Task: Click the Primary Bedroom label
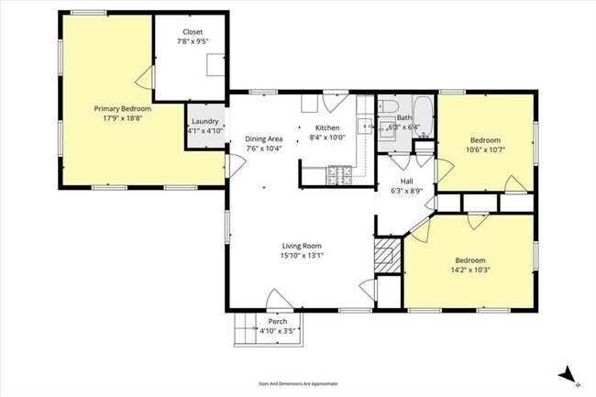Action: click(123, 108)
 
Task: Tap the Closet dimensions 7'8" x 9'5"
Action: click(193, 41)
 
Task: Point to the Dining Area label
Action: click(263, 138)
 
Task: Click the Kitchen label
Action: click(327, 127)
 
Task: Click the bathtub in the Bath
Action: click(424, 115)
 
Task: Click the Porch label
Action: click(277, 321)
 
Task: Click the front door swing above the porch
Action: click(277, 299)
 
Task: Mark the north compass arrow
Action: click(569, 374)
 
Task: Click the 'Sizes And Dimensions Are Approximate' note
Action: click(298, 383)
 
